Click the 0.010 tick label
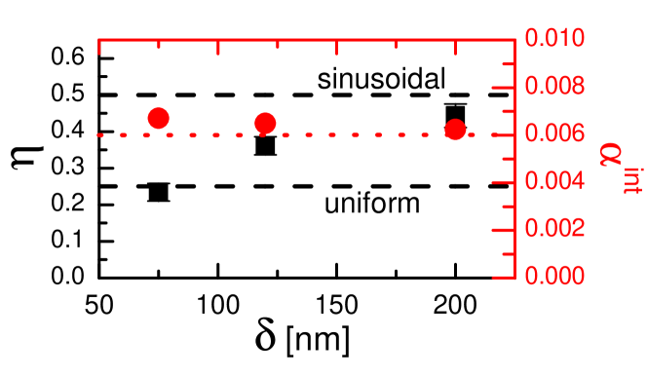(x=555, y=39)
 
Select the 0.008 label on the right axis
(x=555, y=87)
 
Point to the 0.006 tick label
(x=555, y=133)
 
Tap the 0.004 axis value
(x=555, y=181)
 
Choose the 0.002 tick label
(x=555, y=228)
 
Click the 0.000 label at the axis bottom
(x=555, y=276)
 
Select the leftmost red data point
(x=159, y=118)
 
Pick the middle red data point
(x=265, y=123)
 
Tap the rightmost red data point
(x=455, y=130)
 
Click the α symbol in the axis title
(x=612, y=153)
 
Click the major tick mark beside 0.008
(x=505, y=88)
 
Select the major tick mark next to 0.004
(x=505, y=182)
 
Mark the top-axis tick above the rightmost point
(x=455, y=47)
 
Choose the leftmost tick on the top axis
(x=99, y=47)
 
